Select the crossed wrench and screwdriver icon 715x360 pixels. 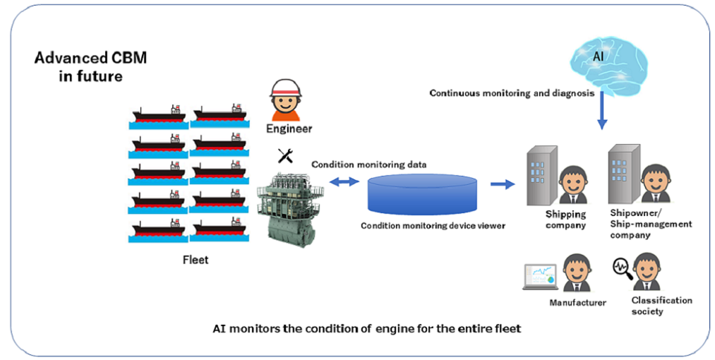tap(285, 156)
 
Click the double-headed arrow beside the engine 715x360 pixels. tap(344, 182)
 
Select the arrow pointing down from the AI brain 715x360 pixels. tap(602, 110)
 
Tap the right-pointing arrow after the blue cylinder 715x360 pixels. tap(503, 184)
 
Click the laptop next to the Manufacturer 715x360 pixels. tap(541, 277)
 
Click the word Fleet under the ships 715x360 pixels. tap(196, 260)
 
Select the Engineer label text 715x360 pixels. tap(289, 128)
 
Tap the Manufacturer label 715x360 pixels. tap(577, 303)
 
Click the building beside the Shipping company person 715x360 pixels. tap(543, 176)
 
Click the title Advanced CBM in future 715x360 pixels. tap(91, 66)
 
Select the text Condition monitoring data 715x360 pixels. tap(369, 164)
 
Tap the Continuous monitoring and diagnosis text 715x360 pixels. tap(512, 93)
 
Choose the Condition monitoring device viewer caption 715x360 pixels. tap(433, 225)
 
